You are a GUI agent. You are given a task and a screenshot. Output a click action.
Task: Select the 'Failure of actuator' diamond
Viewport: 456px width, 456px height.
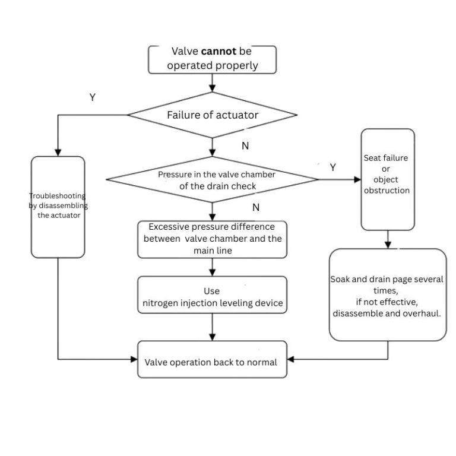(213, 115)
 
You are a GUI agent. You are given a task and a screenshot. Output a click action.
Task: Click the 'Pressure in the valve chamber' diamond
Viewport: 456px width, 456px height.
(213, 179)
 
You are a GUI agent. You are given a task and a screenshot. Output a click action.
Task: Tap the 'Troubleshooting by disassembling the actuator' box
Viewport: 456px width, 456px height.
(58, 206)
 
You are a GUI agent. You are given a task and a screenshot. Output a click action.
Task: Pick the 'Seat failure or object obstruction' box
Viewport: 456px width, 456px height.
(388, 179)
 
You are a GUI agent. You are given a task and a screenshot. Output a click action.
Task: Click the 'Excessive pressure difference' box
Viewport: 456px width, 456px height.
(212, 239)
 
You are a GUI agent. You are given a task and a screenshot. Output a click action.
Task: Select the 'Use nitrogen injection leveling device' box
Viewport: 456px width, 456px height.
(212, 297)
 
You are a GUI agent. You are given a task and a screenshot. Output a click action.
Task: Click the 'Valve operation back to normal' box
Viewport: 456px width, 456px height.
(212, 361)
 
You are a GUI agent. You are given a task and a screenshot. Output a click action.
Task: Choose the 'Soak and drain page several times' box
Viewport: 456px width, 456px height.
(387, 295)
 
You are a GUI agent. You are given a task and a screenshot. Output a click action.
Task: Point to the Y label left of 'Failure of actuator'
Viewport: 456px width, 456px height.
(93, 97)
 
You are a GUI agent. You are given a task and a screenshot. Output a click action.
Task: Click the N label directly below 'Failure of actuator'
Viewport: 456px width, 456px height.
(245, 145)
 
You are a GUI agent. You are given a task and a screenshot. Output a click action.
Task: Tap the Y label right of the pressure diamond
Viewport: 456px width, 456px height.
(332, 167)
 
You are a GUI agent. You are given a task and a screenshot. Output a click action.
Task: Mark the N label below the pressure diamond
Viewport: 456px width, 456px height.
(256, 207)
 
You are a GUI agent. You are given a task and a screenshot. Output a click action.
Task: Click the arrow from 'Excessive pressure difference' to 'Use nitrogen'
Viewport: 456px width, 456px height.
(212, 267)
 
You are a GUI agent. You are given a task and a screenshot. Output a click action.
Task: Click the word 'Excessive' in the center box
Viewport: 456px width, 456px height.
(170, 227)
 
